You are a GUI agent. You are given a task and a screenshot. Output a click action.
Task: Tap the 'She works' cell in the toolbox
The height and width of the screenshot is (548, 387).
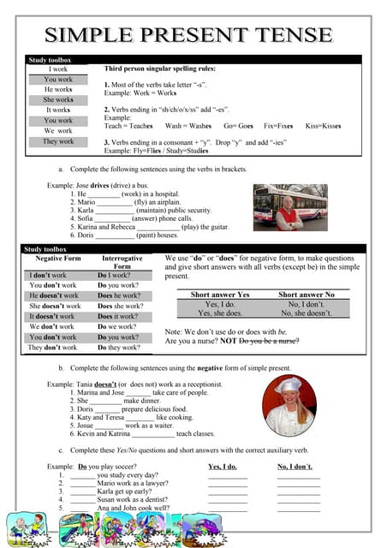point(58,99)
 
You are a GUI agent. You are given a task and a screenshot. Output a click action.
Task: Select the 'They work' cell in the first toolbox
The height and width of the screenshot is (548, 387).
point(58,141)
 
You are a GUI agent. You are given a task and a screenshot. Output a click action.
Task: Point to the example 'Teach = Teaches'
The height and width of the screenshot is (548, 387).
point(129,125)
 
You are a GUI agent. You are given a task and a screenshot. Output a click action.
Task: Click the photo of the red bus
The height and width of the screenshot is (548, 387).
point(290,206)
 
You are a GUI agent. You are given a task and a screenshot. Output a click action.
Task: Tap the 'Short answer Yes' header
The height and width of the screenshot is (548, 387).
point(220,295)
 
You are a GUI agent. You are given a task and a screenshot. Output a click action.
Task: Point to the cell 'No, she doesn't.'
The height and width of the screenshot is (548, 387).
point(307,314)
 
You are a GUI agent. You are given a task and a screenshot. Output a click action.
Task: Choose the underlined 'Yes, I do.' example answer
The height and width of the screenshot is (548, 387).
point(223,467)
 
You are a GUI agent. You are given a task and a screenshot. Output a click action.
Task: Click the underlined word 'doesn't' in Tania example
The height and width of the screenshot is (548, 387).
point(105,384)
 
